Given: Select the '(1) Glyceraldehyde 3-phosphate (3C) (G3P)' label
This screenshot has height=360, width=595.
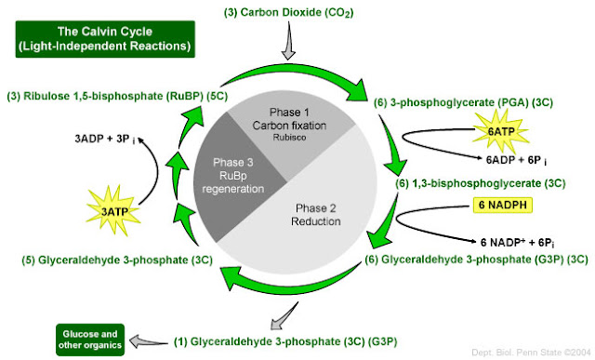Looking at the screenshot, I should (292, 340).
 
